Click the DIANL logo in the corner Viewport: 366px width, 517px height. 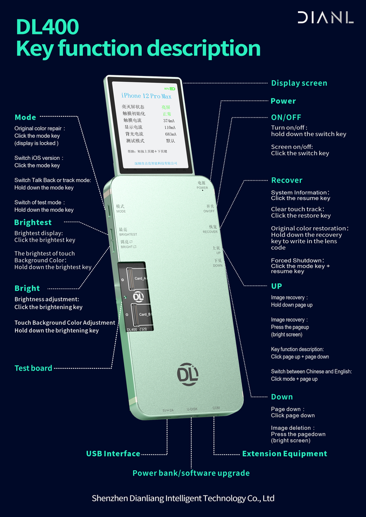pyautogui.click(x=325, y=17)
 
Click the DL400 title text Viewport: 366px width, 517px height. pyautogui.click(x=47, y=26)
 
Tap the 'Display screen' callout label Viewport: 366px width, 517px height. pyautogui.click(x=299, y=83)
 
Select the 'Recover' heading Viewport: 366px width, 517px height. pyautogui.click(x=286, y=180)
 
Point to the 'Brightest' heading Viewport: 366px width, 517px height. pyautogui.click(x=33, y=222)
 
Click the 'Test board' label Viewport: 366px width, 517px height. pyautogui.click(x=33, y=368)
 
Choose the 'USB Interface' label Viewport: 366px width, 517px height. pyautogui.click(x=113, y=453)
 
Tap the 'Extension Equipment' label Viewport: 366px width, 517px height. pyautogui.click(x=285, y=453)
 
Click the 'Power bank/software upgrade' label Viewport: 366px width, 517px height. pyautogui.click(x=191, y=473)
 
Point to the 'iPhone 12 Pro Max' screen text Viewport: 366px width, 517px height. pyautogui.click(x=146, y=95)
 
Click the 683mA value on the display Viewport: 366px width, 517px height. pyautogui.click(x=171, y=134)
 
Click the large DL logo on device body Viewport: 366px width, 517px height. pyautogui.click(x=188, y=374)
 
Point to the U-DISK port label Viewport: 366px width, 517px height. pyautogui.click(x=192, y=410)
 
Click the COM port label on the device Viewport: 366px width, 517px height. pyautogui.click(x=216, y=408)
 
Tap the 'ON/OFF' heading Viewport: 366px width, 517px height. pyautogui.click(x=286, y=117)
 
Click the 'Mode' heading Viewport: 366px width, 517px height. pyautogui.click(x=25, y=117)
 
